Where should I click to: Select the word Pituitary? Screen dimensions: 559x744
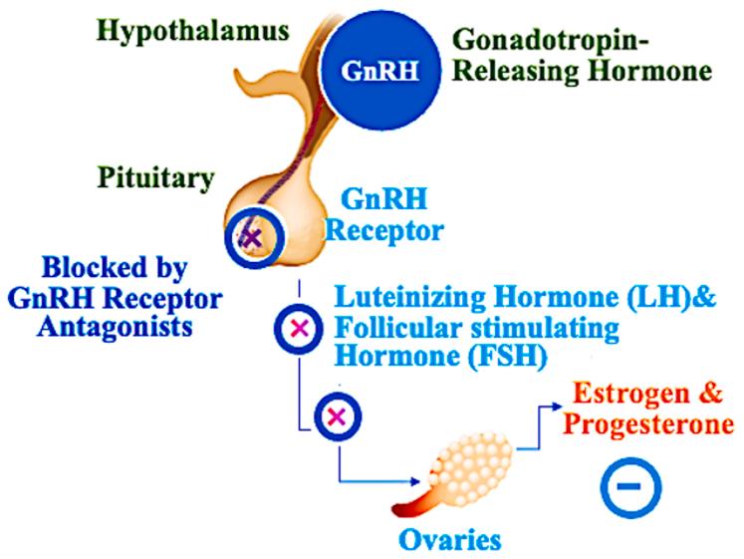[156, 179]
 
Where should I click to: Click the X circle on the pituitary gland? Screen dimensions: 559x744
[253, 237]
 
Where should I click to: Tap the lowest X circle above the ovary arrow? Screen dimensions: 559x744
[335, 416]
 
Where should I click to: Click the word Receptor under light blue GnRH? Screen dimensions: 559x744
[398, 231]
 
